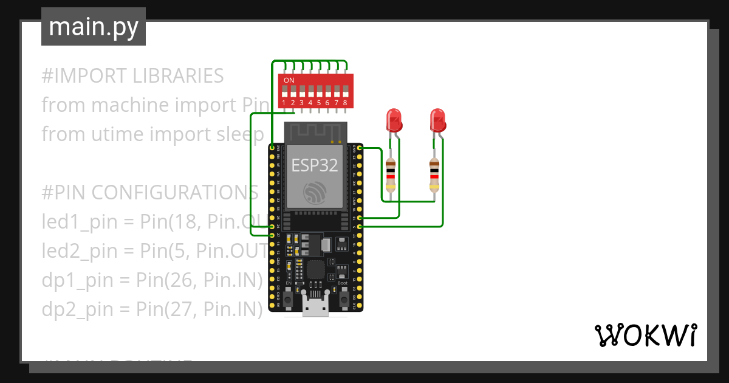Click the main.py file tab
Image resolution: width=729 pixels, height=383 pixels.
(x=93, y=27)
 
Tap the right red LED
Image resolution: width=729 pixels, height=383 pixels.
(x=437, y=120)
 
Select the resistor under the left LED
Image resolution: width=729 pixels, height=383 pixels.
(x=391, y=174)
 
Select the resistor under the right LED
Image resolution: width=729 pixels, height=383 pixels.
(x=434, y=174)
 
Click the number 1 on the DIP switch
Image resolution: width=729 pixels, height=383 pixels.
(x=284, y=103)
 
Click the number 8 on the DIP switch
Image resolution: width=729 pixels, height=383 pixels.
(x=345, y=103)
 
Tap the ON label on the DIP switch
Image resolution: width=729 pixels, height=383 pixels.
(x=289, y=80)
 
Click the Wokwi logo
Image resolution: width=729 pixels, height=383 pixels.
(x=645, y=335)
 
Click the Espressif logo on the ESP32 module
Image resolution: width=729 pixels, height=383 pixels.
(x=315, y=193)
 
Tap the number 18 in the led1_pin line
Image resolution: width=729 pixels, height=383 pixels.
(x=181, y=222)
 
